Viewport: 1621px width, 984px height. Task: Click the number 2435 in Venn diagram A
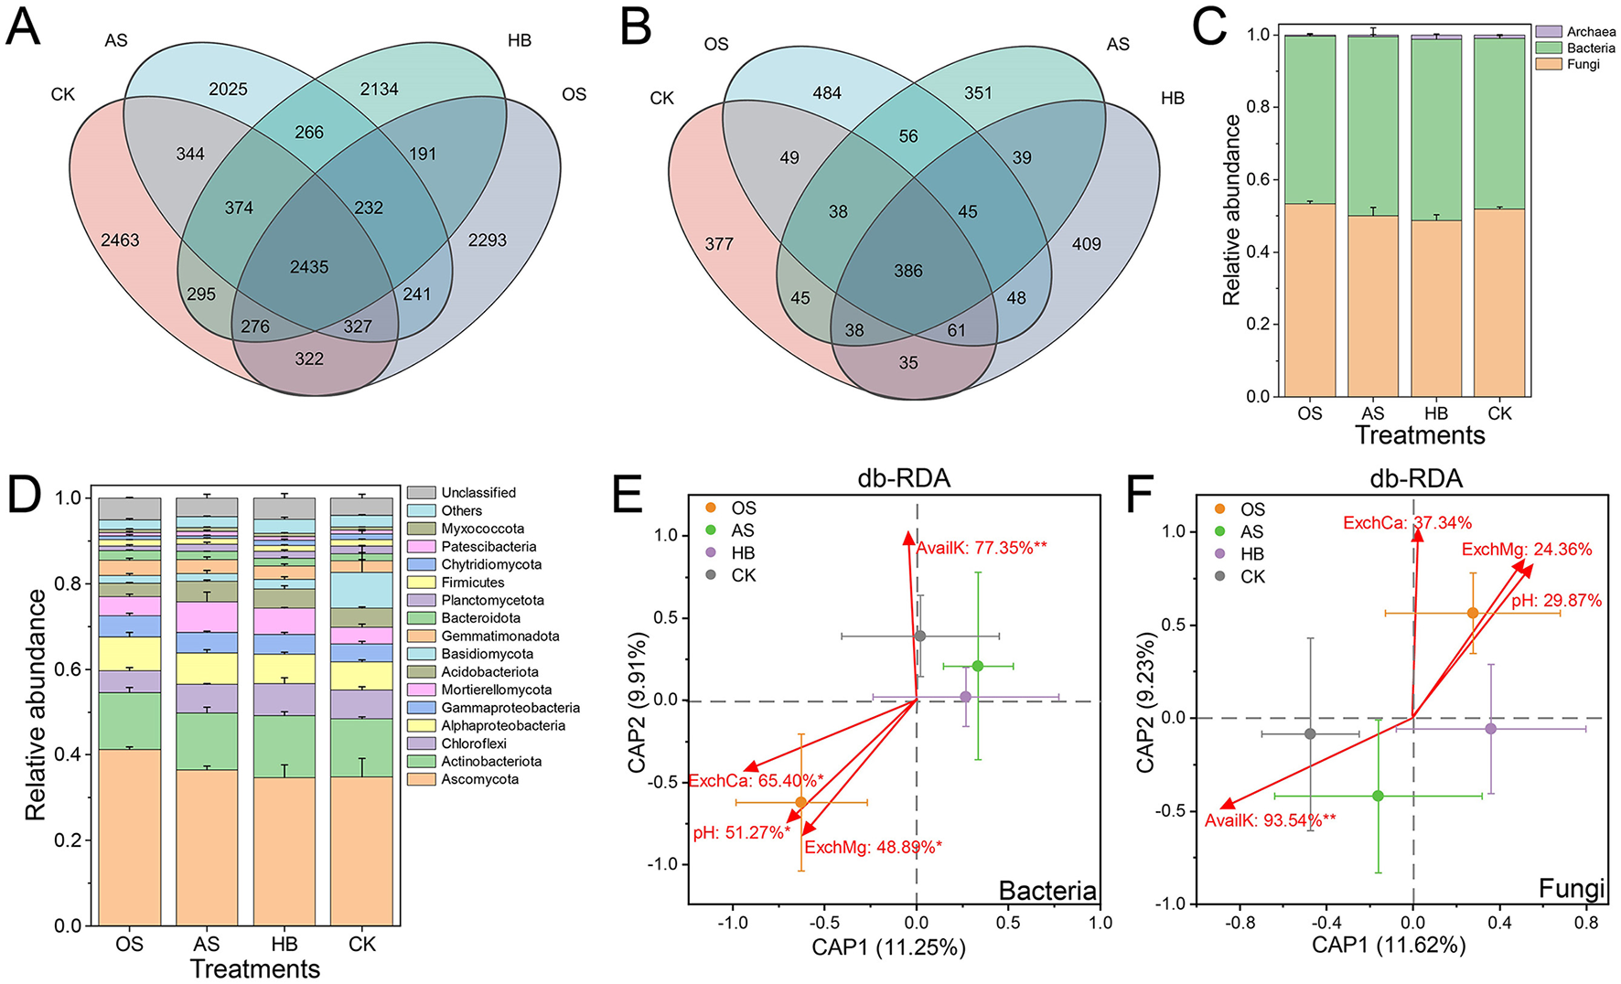click(x=309, y=267)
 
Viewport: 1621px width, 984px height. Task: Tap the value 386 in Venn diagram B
click(x=908, y=271)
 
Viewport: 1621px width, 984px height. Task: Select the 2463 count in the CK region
click(x=120, y=241)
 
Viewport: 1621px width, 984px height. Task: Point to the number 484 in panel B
click(x=827, y=93)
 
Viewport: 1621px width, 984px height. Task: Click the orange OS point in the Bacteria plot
click(x=801, y=802)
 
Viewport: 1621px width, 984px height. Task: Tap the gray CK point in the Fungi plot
click(x=1310, y=733)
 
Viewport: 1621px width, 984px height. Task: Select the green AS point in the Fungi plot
click(x=1378, y=796)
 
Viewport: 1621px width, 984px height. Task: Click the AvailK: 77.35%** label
click(x=982, y=548)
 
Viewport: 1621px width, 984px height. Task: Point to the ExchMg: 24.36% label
click(x=1526, y=550)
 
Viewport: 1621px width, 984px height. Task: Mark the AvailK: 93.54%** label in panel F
click(x=1270, y=820)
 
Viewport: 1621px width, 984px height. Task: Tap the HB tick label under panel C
click(x=1436, y=413)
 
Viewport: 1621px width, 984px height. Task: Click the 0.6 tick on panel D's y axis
click(x=69, y=669)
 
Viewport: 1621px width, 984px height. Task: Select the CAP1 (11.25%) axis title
click(x=888, y=947)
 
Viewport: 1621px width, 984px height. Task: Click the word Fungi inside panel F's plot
click(x=1571, y=888)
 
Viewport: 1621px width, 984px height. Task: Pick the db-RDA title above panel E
click(x=904, y=477)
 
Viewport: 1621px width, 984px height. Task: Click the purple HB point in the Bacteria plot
click(x=965, y=697)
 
